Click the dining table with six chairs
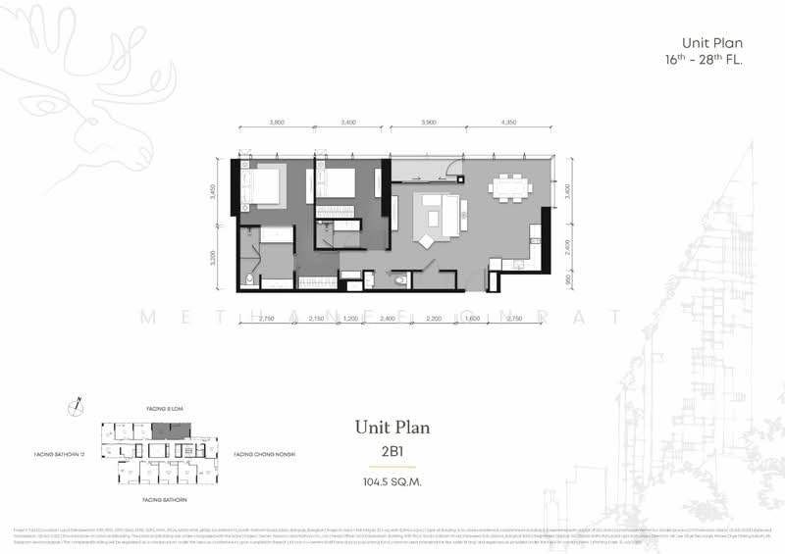click(x=508, y=186)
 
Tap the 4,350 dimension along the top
click(x=508, y=123)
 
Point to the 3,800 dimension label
click(x=277, y=123)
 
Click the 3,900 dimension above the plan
click(x=429, y=123)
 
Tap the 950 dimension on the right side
click(x=567, y=277)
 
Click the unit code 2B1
click(x=392, y=453)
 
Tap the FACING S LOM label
click(x=158, y=405)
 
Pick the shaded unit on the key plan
click(x=175, y=429)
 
